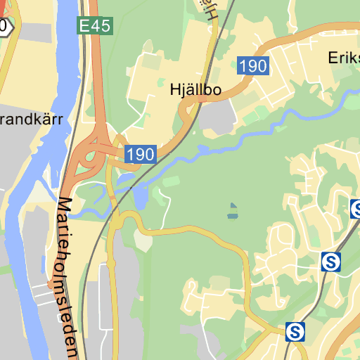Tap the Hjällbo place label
click(195, 90)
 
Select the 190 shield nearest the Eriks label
click(252, 66)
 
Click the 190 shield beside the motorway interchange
click(140, 153)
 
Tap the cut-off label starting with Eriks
click(344, 58)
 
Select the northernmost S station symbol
click(356, 208)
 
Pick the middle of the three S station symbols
click(330, 262)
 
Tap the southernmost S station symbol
click(296, 331)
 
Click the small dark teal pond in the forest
click(233, 210)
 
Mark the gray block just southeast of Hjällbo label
click(217, 116)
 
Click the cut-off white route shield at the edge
click(4, 27)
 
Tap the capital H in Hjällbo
click(175, 90)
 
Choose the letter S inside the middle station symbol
click(330, 262)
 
